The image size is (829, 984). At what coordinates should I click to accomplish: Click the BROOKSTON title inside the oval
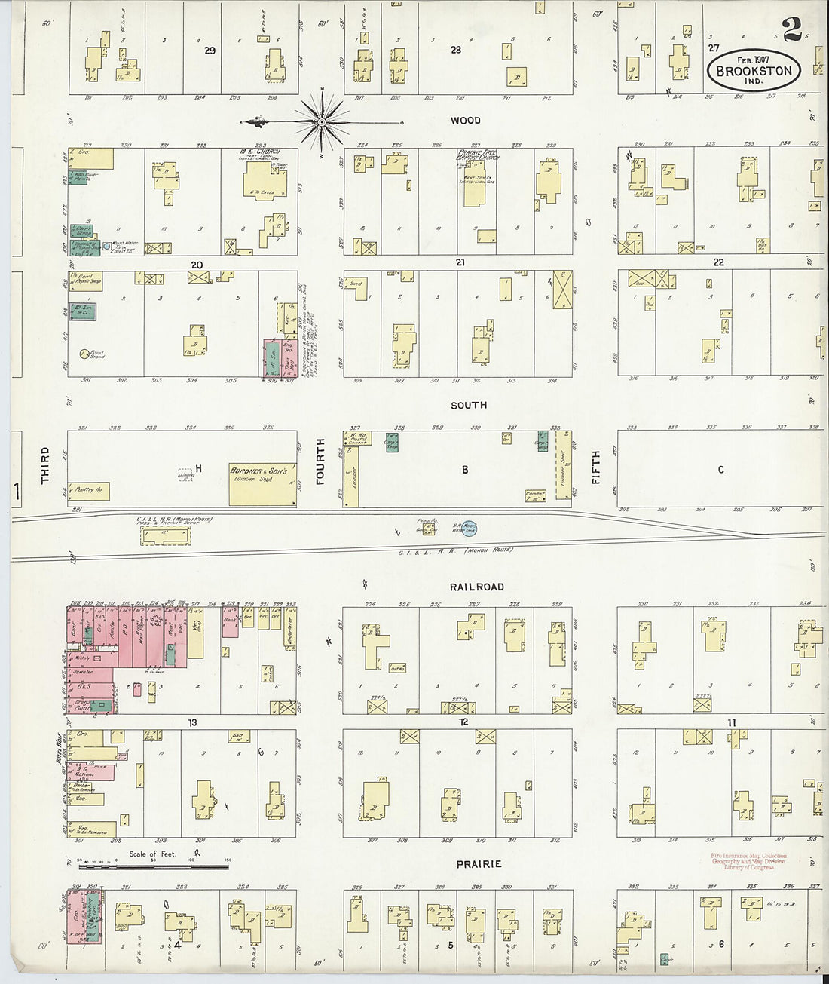click(x=754, y=71)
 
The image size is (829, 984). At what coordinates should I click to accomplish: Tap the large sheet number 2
click(x=791, y=29)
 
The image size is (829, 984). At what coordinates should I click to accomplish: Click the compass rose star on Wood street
click(x=322, y=121)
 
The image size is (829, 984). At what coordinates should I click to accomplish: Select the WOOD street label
click(x=465, y=121)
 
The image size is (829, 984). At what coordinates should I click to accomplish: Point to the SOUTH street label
click(x=469, y=406)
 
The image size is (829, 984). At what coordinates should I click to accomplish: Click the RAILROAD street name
click(x=477, y=587)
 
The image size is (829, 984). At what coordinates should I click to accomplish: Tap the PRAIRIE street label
click(x=478, y=864)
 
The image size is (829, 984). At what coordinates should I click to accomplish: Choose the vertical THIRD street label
click(x=45, y=465)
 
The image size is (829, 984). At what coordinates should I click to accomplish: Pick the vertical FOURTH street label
click(x=320, y=461)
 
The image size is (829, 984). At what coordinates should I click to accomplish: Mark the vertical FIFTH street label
click(x=595, y=467)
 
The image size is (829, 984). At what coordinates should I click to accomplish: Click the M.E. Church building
click(x=263, y=181)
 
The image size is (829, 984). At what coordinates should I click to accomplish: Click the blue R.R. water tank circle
click(x=470, y=530)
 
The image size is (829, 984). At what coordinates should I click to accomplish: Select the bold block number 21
click(x=460, y=263)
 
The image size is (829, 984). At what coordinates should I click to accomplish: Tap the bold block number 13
click(x=192, y=723)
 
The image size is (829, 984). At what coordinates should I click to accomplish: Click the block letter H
click(x=199, y=469)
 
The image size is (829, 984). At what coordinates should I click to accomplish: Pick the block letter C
click(x=720, y=470)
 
